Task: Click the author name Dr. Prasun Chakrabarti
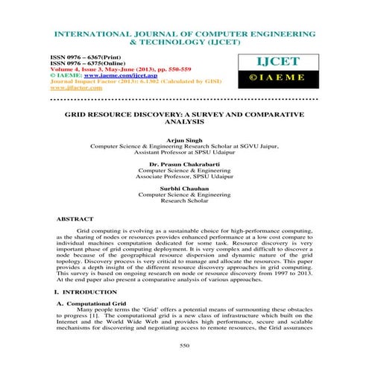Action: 184,162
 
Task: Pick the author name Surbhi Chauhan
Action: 184,187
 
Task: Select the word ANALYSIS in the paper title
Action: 184,120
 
